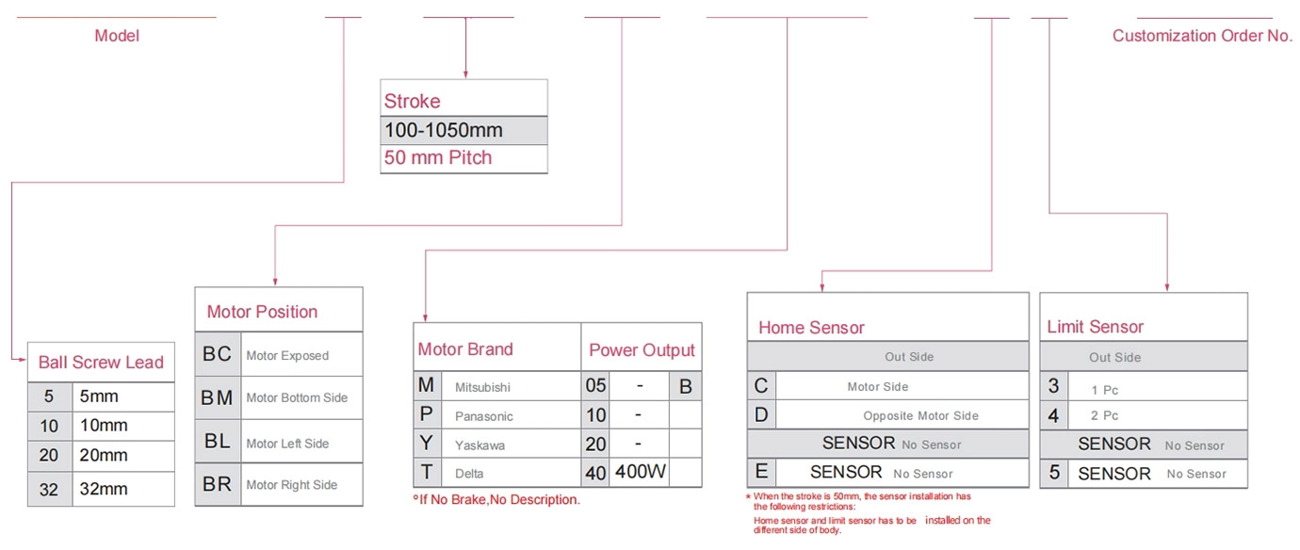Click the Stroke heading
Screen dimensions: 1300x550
[x=412, y=101]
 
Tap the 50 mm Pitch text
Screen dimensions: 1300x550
[x=438, y=157]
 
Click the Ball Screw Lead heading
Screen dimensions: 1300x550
[x=101, y=362]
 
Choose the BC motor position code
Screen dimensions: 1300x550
[x=217, y=354]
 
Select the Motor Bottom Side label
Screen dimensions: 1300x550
[x=297, y=397]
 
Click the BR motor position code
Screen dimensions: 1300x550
[x=217, y=484]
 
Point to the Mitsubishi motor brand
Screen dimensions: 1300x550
[x=482, y=387]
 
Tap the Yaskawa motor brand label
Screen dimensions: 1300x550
[x=479, y=445]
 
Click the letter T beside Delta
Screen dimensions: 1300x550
[x=427, y=472]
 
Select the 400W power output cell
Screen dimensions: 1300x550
[x=641, y=471]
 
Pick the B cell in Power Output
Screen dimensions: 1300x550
[x=686, y=386]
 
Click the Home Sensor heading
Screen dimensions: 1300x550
[x=811, y=328]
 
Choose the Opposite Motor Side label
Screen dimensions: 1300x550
[x=920, y=415]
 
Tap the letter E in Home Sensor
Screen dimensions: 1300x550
[x=761, y=472]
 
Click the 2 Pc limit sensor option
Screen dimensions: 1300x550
[x=1104, y=415]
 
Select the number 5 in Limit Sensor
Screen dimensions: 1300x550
[x=1054, y=472]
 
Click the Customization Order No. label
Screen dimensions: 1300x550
[x=1202, y=36]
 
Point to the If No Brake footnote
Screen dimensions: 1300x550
[x=496, y=499]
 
